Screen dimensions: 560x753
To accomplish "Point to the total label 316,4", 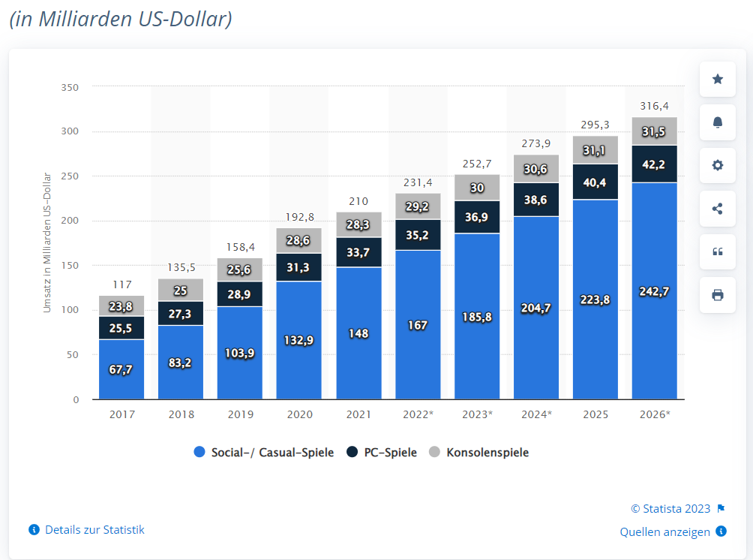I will [655, 106].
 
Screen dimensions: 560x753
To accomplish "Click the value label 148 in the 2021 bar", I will [358, 333].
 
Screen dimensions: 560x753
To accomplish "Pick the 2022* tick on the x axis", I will [418, 414].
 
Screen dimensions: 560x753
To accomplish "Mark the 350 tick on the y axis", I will [70, 87].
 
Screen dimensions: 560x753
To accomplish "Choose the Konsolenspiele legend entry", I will [479, 453].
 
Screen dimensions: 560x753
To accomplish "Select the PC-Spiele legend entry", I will [382, 453].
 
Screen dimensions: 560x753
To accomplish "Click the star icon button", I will [718, 80].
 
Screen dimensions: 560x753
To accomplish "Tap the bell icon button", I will [718, 122].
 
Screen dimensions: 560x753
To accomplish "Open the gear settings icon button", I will [718, 165].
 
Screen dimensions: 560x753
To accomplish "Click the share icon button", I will [718, 209].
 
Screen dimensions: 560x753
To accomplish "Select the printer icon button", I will [718, 295].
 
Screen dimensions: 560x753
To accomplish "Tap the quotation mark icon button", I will [718, 251].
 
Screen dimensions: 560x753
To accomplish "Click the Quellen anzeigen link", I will [665, 532].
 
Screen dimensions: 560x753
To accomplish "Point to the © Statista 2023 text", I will [670, 509].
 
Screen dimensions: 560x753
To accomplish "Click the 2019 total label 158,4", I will [240, 247].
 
